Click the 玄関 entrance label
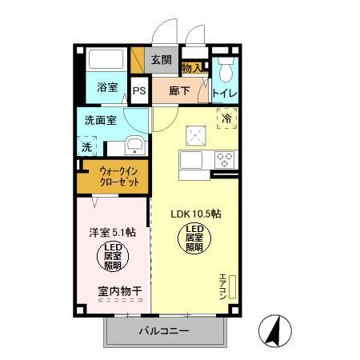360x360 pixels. (x=161, y=59)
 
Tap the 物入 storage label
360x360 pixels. (x=193, y=69)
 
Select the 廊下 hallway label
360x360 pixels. (x=179, y=90)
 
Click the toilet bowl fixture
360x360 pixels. (x=225, y=72)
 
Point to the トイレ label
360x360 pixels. (x=224, y=93)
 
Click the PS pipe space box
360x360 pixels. (x=139, y=90)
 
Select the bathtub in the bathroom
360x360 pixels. (x=107, y=61)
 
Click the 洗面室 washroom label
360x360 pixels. (x=102, y=121)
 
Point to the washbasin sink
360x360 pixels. (x=135, y=146)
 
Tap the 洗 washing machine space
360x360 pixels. (x=86, y=146)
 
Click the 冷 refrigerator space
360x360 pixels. (x=226, y=119)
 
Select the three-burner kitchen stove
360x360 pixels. (x=225, y=158)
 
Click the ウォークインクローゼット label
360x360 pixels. (x=120, y=176)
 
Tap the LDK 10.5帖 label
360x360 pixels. (x=196, y=214)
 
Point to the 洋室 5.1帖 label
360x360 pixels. (x=112, y=233)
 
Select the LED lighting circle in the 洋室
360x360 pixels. (x=112, y=257)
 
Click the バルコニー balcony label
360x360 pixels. (x=163, y=330)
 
